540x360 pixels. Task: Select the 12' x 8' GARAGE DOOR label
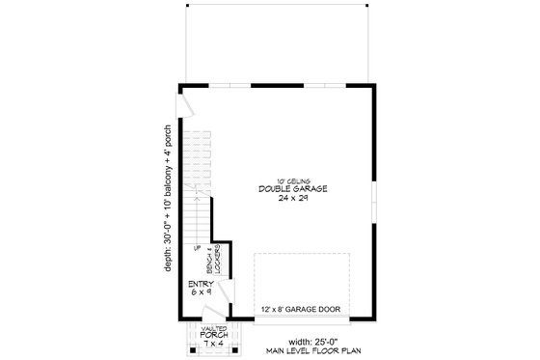click(301, 310)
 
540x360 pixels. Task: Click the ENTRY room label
click(201, 283)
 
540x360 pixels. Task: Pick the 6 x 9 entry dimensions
click(201, 291)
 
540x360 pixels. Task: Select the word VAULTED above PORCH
click(214, 329)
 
